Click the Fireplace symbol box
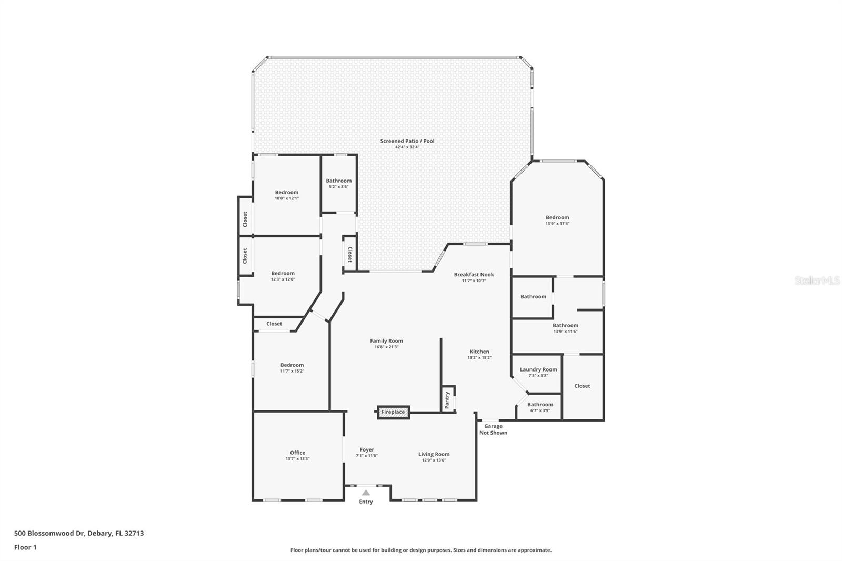[x=393, y=412]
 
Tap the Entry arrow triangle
[x=366, y=493]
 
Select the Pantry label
[x=447, y=399]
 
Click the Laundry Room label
[x=538, y=369]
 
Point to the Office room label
[x=297, y=453]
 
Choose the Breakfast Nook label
[x=474, y=274]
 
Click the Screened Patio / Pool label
[x=407, y=141]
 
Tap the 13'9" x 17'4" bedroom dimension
[x=557, y=224]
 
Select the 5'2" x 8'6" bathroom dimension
[x=338, y=187]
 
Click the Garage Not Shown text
[x=493, y=429]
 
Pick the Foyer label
[x=367, y=450]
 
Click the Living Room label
[x=434, y=454]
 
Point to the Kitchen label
[x=479, y=352]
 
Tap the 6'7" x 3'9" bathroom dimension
[x=540, y=410]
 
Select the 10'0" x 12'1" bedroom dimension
[x=287, y=198]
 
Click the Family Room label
[x=386, y=341]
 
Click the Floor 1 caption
[x=25, y=547]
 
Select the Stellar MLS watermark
[x=817, y=281]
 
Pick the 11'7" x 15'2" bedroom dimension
[x=292, y=371]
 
